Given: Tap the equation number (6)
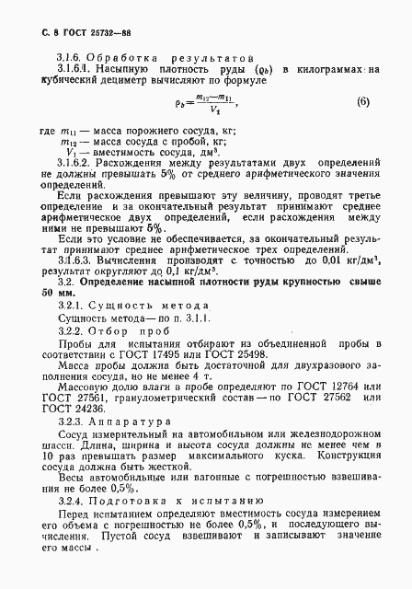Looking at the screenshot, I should (362, 101).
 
